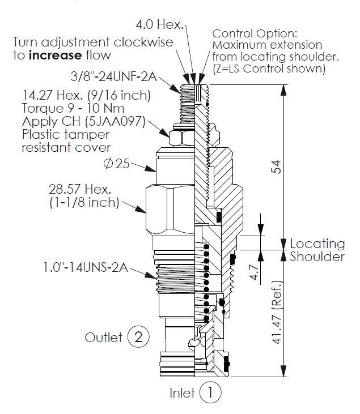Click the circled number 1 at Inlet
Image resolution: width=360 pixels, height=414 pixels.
pos(210,392)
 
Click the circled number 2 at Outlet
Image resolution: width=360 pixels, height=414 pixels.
pos(138,338)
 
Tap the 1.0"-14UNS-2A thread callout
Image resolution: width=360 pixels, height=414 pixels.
pos(84,267)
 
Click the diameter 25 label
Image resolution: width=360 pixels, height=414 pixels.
pos(116,164)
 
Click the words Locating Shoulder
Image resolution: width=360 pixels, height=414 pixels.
pos(317,250)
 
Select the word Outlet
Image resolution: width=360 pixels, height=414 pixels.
pos(104,338)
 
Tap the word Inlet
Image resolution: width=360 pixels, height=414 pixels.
pos(182,392)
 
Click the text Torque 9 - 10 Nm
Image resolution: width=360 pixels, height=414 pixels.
pos(73,108)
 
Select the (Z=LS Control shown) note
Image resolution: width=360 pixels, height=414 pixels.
pos(269,69)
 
